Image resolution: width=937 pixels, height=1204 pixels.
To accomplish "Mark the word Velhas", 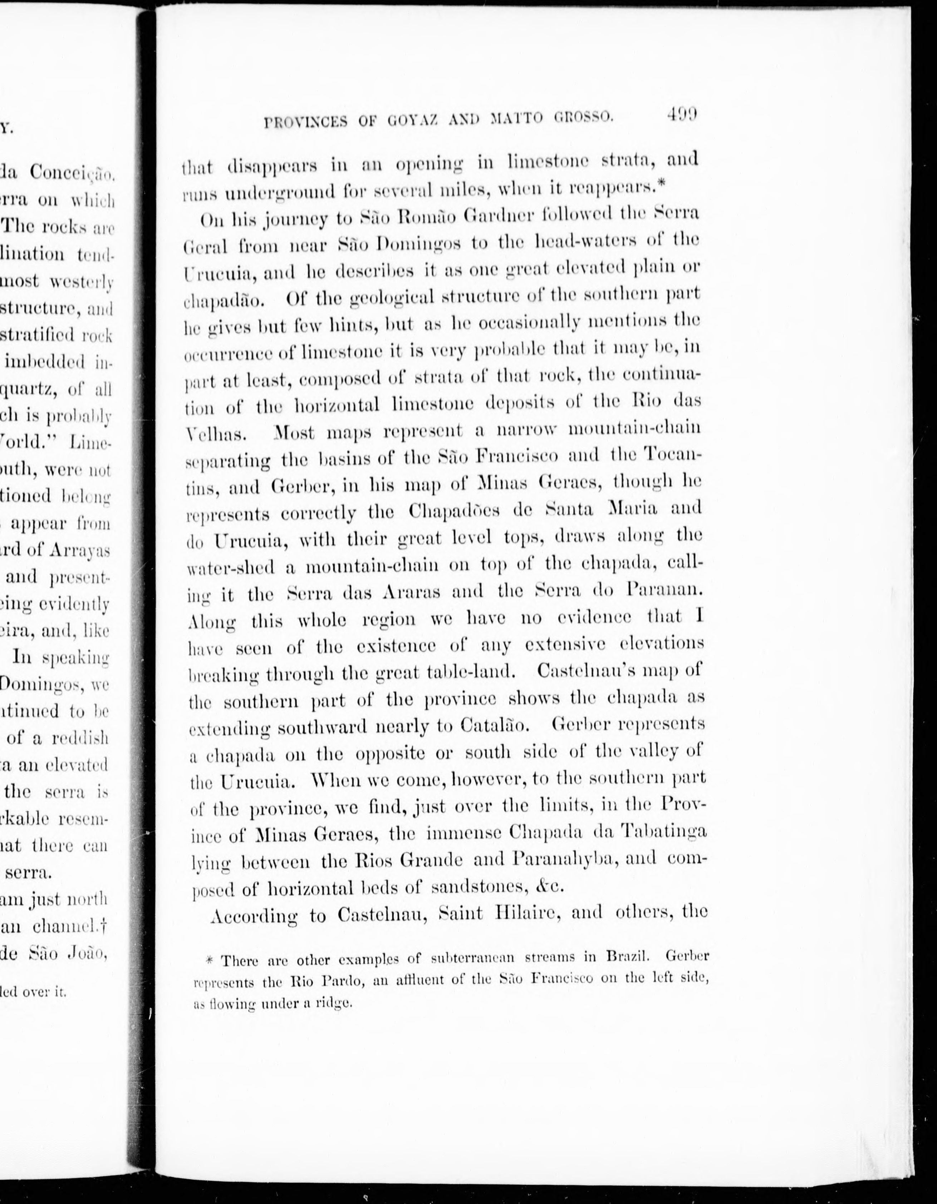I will [213, 433].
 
